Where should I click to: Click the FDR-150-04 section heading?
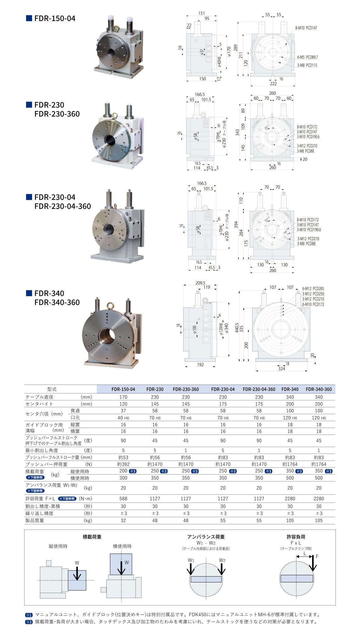coord(55,18)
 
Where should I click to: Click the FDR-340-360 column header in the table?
coord(318,389)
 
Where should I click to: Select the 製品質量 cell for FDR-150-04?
coord(123,520)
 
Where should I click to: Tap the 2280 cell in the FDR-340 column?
coord(290,498)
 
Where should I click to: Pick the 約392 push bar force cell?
coord(123,464)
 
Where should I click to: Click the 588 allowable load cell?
coord(123,498)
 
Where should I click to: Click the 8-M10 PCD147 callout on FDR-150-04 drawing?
coord(306,28)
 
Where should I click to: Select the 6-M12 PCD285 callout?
coord(313,288)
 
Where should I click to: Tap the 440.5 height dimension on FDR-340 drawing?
coord(237,328)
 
